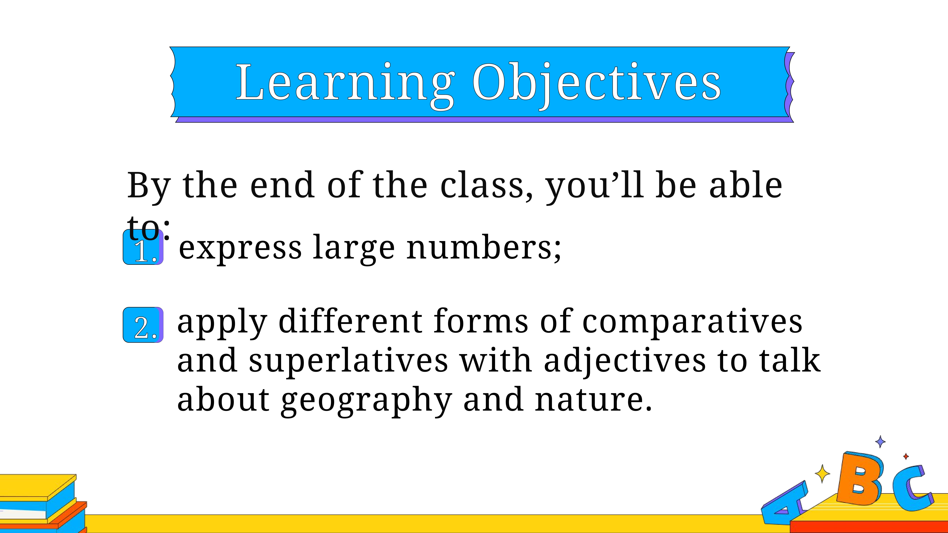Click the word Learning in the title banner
point(345,85)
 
